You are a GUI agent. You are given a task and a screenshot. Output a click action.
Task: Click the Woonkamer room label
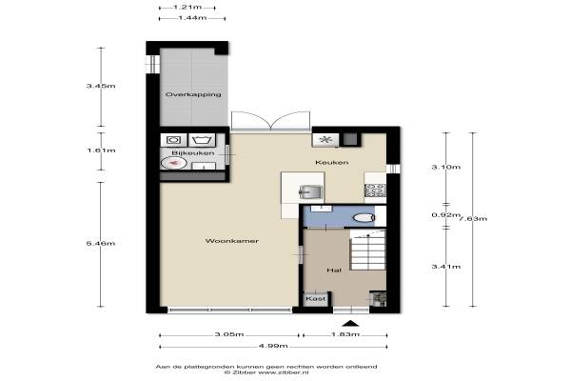(x=232, y=241)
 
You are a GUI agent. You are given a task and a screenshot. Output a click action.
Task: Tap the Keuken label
(x=332, y=162)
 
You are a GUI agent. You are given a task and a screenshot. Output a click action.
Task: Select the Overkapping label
(x=193, y=94)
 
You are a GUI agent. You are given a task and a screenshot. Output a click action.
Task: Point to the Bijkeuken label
(x=193, y=153)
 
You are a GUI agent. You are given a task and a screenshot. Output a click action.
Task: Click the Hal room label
(x=334, y=271)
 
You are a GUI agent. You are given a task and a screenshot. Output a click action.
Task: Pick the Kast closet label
(x=316, y=298)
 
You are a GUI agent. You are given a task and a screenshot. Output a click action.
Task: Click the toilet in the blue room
(x=364, y=218)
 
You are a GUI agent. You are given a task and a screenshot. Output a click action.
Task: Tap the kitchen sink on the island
(x=310, y=191)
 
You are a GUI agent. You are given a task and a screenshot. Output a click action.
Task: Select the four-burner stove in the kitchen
(x=375, y=190)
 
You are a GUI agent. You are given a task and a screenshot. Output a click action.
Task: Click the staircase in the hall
(x=367, y=250)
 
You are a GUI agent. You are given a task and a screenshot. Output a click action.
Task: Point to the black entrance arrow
(x=350, y=323)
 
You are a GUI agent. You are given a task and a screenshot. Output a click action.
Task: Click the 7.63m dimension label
(x=473, y=219)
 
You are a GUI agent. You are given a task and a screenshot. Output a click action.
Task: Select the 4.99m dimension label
(x=273, y=346)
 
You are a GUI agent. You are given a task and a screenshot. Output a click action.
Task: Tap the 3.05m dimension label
(x=229, y=334)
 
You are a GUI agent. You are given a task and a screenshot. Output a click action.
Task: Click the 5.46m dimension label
(x=101, y=243)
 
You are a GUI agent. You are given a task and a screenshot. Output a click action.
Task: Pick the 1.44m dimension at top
(x=192, y=18)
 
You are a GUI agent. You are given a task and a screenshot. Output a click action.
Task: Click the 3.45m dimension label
(x=101, y=86)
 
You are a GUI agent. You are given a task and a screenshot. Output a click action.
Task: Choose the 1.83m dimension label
(x=345, y=334)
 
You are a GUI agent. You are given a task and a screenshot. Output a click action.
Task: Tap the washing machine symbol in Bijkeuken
(x=174, y=140)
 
